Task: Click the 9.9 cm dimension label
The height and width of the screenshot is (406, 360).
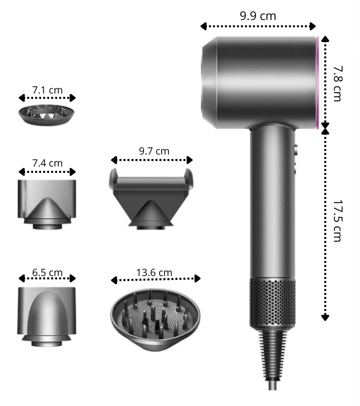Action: tap(258, 16)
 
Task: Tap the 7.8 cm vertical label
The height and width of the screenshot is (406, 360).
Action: tap(337, 83)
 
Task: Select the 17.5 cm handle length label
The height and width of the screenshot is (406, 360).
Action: tap(337, 220)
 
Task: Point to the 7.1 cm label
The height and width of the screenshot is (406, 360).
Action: tap(47, 90)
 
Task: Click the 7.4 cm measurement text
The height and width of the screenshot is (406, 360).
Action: tap(47, 163)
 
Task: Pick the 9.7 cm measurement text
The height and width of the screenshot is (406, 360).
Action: tap(154, 151)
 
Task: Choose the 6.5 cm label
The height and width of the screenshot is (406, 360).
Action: tap(47, 272)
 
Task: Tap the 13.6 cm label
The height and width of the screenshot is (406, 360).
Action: tap(154, 272)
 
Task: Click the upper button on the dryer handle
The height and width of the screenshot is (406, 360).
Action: tap(295, 150)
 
